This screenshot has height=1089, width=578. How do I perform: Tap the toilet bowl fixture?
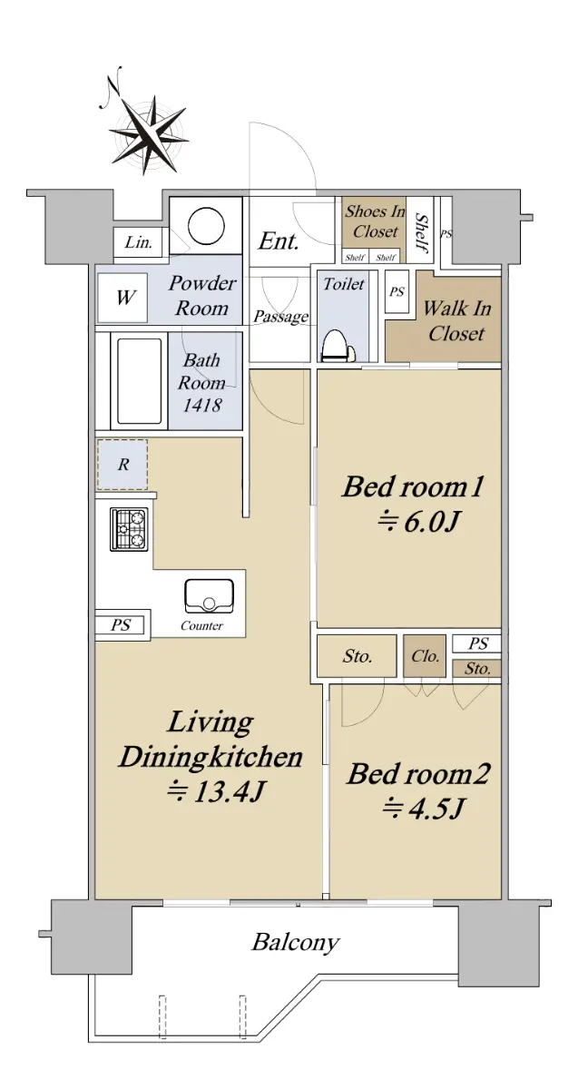[x=338, y=346]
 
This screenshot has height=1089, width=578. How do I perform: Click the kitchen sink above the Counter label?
[x=209, y=596]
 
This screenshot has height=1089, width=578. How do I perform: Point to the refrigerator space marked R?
[x=122, y=465]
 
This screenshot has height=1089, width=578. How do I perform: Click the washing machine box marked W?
[x=122, y=298]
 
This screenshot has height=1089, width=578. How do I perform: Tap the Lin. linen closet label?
[x=139, y=242]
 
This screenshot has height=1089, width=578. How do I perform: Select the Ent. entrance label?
[x=278, y=240]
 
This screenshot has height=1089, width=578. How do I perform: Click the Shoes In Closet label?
[x=375, y=221]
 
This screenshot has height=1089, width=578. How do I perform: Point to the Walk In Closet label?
[x=457, y=320]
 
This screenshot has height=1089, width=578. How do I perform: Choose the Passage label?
[x=281, y=317]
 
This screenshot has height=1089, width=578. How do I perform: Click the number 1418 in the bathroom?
[x=202, y=405]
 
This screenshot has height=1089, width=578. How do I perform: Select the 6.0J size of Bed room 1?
[x=419, y=522]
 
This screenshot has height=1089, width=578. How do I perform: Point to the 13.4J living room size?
[x=215, y=792]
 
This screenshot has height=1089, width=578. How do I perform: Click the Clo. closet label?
[x=425, y=656]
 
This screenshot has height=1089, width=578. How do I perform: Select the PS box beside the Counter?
[x=120, y=625]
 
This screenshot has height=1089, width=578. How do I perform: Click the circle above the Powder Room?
[x=207, y=226]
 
